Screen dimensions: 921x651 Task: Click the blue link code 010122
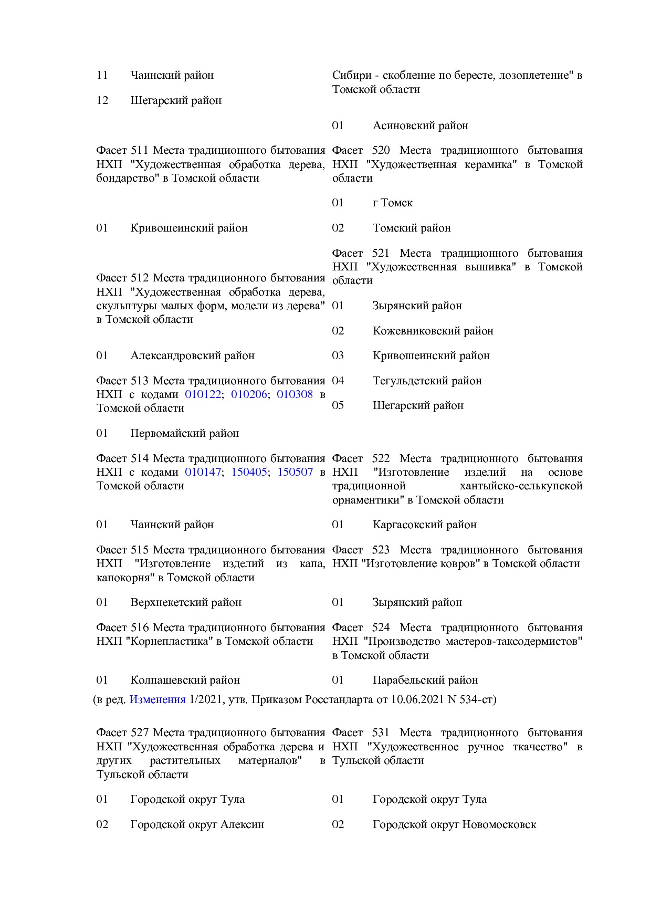coord(203,394)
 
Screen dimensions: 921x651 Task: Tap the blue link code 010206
coord(249,394)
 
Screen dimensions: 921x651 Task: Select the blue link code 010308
coord(295,394)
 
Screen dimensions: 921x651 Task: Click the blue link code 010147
coord(203,472)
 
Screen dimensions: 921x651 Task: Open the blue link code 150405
coord(249,472)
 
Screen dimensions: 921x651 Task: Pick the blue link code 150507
coord(295,472)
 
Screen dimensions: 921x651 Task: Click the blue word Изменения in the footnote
coord(157,699)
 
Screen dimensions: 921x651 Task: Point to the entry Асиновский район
coord(420,125)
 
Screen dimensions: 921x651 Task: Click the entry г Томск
coord(392,203)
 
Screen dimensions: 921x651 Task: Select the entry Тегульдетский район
coord(427,381)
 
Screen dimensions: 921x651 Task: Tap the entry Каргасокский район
coord(424,525)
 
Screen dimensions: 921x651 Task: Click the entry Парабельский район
coord(425,680)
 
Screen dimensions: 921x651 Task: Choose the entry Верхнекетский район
coord(186,602)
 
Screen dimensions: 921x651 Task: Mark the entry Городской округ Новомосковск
coord(454,824)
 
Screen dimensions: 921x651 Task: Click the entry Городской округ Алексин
coord(197,824)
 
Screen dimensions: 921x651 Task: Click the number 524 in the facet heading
coord(381,627)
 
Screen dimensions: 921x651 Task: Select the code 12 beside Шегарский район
coord(102,100)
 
